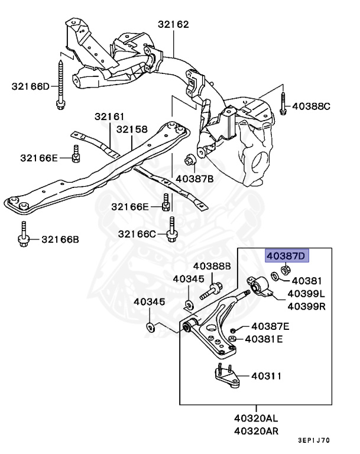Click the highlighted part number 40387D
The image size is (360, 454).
[x=287, y=255]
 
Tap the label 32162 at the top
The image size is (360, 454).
[x=173, y=24]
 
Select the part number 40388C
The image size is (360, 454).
[x=311, y=106]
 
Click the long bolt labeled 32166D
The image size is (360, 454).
[x=60, y=85]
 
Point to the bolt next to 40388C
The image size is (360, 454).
[x=283, y=103]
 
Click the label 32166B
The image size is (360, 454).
[x=60, y=239]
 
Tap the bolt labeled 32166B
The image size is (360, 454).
[x=24, y=234]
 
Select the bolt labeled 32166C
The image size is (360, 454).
[x=171, y=229]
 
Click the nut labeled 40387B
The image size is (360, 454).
[x=190, y=158]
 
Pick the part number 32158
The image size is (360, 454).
[x=132, y=129]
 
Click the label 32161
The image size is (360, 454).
[x=109, y=116]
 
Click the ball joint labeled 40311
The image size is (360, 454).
[x=227, y=375]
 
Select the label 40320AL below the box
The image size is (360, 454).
[x=256, y=418]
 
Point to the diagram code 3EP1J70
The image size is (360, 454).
[x=314, y=440]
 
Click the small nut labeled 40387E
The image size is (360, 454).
[x=232, y=330]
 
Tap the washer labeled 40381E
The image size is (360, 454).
[x=232, y=339]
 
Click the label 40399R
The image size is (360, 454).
[x=306, y=306]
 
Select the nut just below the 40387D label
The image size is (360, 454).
[x=286, y=270]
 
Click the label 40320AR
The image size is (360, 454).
[x=257, y=431]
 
